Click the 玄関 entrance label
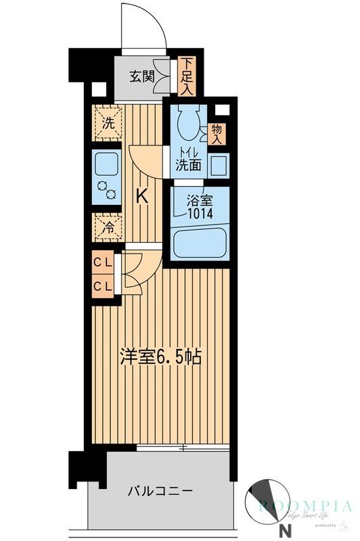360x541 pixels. coord(141,76)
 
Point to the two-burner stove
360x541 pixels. coord(106,190)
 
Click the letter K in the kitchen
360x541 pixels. coord(142,197)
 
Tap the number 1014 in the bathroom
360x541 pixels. coord(200,214)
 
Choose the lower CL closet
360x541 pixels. coord(103,286)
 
